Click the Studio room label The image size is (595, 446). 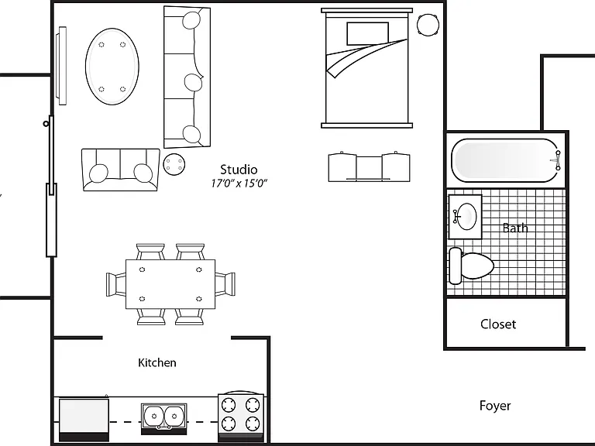click(x=239, y=169)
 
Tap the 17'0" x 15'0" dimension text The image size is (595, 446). click(x=239, y=184)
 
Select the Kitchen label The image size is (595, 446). click(x=157, y=362)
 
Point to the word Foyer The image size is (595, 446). click(x=495, y=406)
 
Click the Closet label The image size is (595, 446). click(x=498, y=324)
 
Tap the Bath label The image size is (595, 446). click(x=515, y=228)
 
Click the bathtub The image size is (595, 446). click(x=506, y=160)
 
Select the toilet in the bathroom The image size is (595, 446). click(x=471, y=266)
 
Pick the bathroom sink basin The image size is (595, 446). click(x=466, y=216)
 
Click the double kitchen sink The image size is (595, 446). click(x=164, y=417)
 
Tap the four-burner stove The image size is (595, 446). click(x=241, y=416)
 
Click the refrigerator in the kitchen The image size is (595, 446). click(x=84, y=419)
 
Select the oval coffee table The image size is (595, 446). click(x=112, y=67)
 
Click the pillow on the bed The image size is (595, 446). click(x=367, y=34)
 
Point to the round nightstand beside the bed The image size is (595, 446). click(x=428, y=25)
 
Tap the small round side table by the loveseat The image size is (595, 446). click(x=174, y=164)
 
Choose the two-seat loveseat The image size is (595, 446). click(x=120, y=170)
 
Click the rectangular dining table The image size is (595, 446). click(x=170, y=284)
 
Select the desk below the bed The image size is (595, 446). click(x=369, y=167)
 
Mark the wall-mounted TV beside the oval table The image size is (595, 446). click(x=61, y=65)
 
